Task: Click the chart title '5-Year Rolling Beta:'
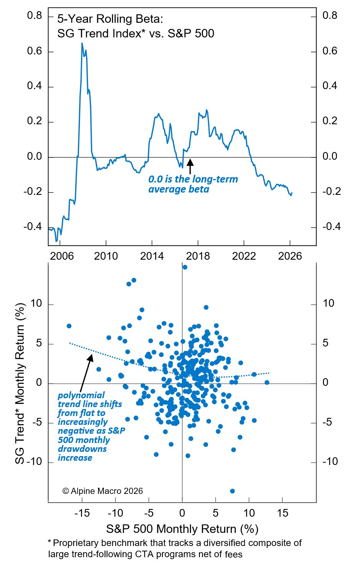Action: pyautogui.click(x=110, y=19)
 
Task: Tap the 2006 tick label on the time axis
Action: pyautogui.click(x=62, y=256)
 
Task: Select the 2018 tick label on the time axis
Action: pyautogui.click(x=198, y=256)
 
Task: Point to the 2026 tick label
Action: pyautogui.click(x=290, y=256)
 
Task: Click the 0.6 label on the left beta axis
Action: pyautogui.click(x=34, y=51)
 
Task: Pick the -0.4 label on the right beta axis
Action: pyautogui.click(x=331, y=227)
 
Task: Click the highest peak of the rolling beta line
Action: pyautogui.click(x=82, y=43)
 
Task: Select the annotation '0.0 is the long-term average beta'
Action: pyautogui.click(x=193, y=184)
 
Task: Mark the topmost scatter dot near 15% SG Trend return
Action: pyautogui.click(x=185, y=267)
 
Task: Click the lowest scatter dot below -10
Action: pyautogui.click(x=232, y=491)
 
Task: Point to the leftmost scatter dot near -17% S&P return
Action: pyautogui.click(x=69, y=326)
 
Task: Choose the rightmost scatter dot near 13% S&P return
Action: pyautogui.click(x=267, y=382)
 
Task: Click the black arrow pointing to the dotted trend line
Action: pyautogui.click(x=86, y=372)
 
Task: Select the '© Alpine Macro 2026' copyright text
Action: pyautogui.click(x=102, y=491)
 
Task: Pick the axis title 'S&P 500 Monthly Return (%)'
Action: pyautogui.click(x=182, y=529)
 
